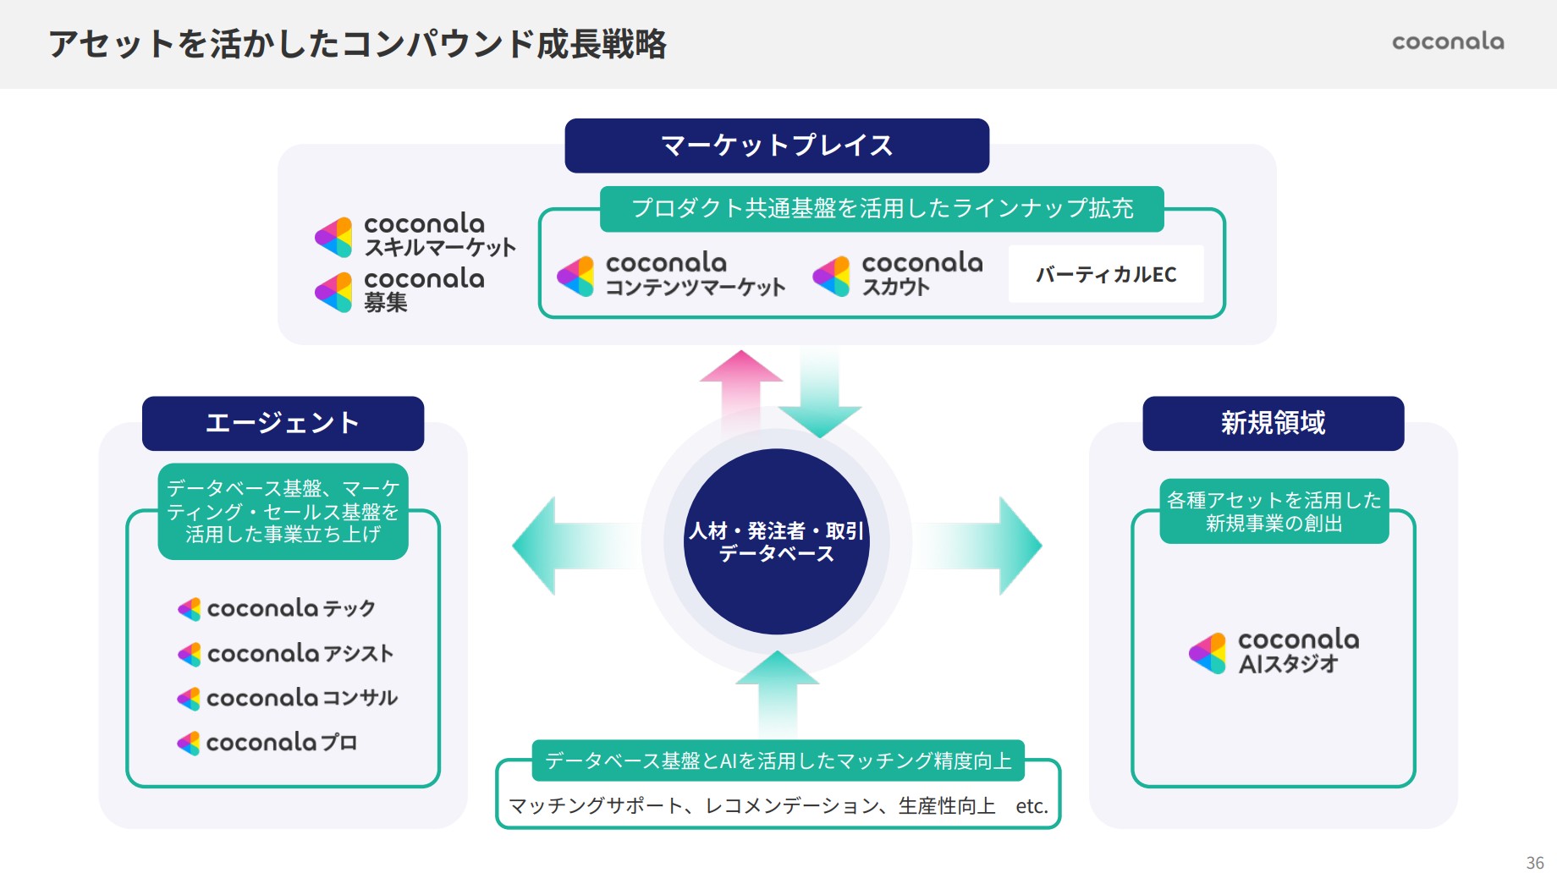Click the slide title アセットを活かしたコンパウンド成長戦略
click(x=357, y=44)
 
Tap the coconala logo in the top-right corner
click(x=1448, y=41)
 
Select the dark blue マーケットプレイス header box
click(x=777, y=145)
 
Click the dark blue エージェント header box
click(x=283, y=423)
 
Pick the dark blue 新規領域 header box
click(x=1273, y=423)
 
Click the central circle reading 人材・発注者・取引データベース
click(x=777, y=541)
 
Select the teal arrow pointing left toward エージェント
click(x=558, y=546)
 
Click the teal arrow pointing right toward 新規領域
click(x=999, y=546)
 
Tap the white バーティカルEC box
click(x=1106, y=274)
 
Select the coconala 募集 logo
click(x=400, y=291)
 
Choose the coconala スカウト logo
click(x=898, y=275)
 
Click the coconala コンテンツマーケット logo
click(x=671, y=275)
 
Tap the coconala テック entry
click(x=277, y=608)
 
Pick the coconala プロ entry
click(x=267, y=743)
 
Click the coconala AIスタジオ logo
click(x=1274, y=651)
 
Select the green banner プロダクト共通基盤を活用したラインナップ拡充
click(x=882, y=209)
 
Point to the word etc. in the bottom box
click(x=1032, y=806)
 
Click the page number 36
click(x=1535, y=862)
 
